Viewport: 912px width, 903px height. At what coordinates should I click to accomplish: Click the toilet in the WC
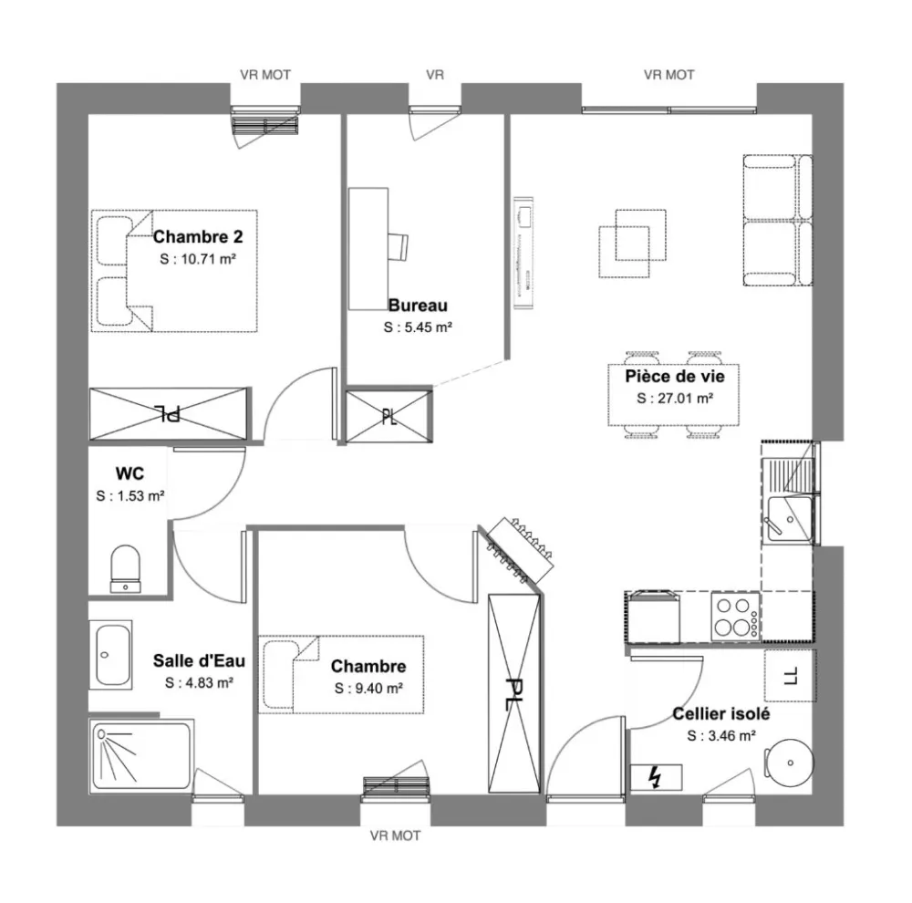(124, 567)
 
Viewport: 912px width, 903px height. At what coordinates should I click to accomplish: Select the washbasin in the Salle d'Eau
(110, 654)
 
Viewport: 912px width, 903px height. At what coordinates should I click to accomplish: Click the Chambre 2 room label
(198, 238)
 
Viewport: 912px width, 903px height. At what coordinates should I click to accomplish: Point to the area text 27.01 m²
(675, 398)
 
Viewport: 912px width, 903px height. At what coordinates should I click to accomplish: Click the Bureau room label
(418, 306)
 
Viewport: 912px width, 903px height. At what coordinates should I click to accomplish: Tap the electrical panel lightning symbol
(654, 777)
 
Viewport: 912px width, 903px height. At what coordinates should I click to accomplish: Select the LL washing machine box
(790, 676)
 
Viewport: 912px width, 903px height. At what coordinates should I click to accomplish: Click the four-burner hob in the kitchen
(735, 616)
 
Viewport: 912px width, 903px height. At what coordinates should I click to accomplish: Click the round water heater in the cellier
(787, 761)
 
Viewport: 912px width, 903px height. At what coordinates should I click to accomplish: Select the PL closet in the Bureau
(389, 417)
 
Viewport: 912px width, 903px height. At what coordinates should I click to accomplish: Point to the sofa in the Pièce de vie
(778, 220)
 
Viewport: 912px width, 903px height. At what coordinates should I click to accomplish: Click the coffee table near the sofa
(627, 244)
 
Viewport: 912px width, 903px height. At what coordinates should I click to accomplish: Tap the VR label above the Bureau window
(435, 75)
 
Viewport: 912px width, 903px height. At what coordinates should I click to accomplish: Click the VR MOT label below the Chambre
(395, 836)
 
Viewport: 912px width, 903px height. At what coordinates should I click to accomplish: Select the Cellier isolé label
(720, 714)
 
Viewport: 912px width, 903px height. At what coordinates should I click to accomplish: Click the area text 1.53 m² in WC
(130, 496)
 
